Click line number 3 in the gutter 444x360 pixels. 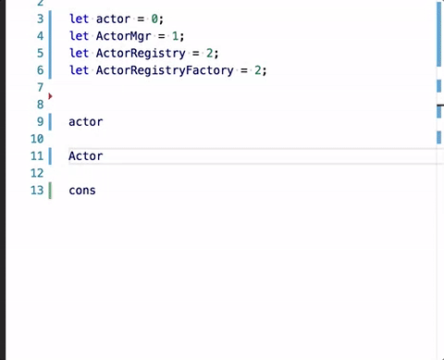pos(41,19)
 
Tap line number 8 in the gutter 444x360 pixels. pos(41,105)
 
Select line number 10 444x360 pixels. pos(37,139)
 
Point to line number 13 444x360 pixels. pos(37,191)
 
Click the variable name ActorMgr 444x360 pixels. pos(124,36)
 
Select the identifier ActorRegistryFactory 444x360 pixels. pos(165,70)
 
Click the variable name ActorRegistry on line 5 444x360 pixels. pos(141,54)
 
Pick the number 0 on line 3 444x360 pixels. pos(154,19)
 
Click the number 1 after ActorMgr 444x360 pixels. pos(175,36)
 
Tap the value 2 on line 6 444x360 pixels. pos(257,70)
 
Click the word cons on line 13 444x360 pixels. pos(82,191)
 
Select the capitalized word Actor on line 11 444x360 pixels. pos(86,156)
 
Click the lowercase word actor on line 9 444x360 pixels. pos(86,122)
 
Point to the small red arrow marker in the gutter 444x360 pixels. pos(50,96)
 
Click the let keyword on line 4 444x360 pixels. pos(79,36)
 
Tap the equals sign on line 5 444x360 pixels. pos(196,54)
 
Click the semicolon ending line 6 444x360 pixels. pos(265,71)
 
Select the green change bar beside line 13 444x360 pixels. pos(50,191)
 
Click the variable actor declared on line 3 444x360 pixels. pos(113,19)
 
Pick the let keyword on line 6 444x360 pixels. pos(79,70)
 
